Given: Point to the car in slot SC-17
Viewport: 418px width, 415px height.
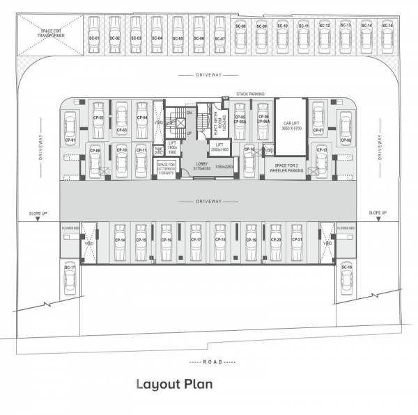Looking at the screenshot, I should click(x=70, y=278).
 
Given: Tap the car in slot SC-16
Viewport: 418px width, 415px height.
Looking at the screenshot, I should click(x=346, y=278).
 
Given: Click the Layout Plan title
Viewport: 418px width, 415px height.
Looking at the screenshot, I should click(x=173, y=384).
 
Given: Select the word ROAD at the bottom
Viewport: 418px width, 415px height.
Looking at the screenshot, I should click(x=212, y=362).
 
